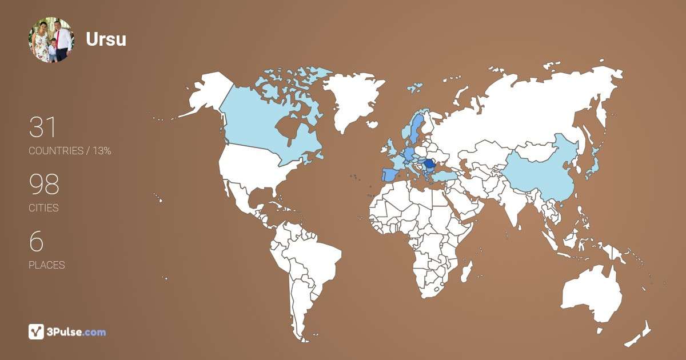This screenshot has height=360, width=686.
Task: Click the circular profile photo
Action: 51,39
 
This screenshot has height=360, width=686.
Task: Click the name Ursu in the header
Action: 106,39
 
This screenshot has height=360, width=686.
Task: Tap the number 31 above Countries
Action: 43,127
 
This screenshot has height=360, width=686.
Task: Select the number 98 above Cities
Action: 44,184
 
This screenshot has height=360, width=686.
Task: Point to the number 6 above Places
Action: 36,241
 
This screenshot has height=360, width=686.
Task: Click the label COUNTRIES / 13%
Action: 70,151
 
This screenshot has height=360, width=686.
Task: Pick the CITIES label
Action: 43,208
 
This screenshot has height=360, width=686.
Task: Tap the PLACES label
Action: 46,265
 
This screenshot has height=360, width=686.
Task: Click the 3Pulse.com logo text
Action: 77,332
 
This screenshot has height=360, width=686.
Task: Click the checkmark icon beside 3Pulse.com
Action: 37,331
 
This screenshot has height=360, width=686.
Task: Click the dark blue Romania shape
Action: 429,163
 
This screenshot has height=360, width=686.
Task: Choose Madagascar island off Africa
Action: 467,270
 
